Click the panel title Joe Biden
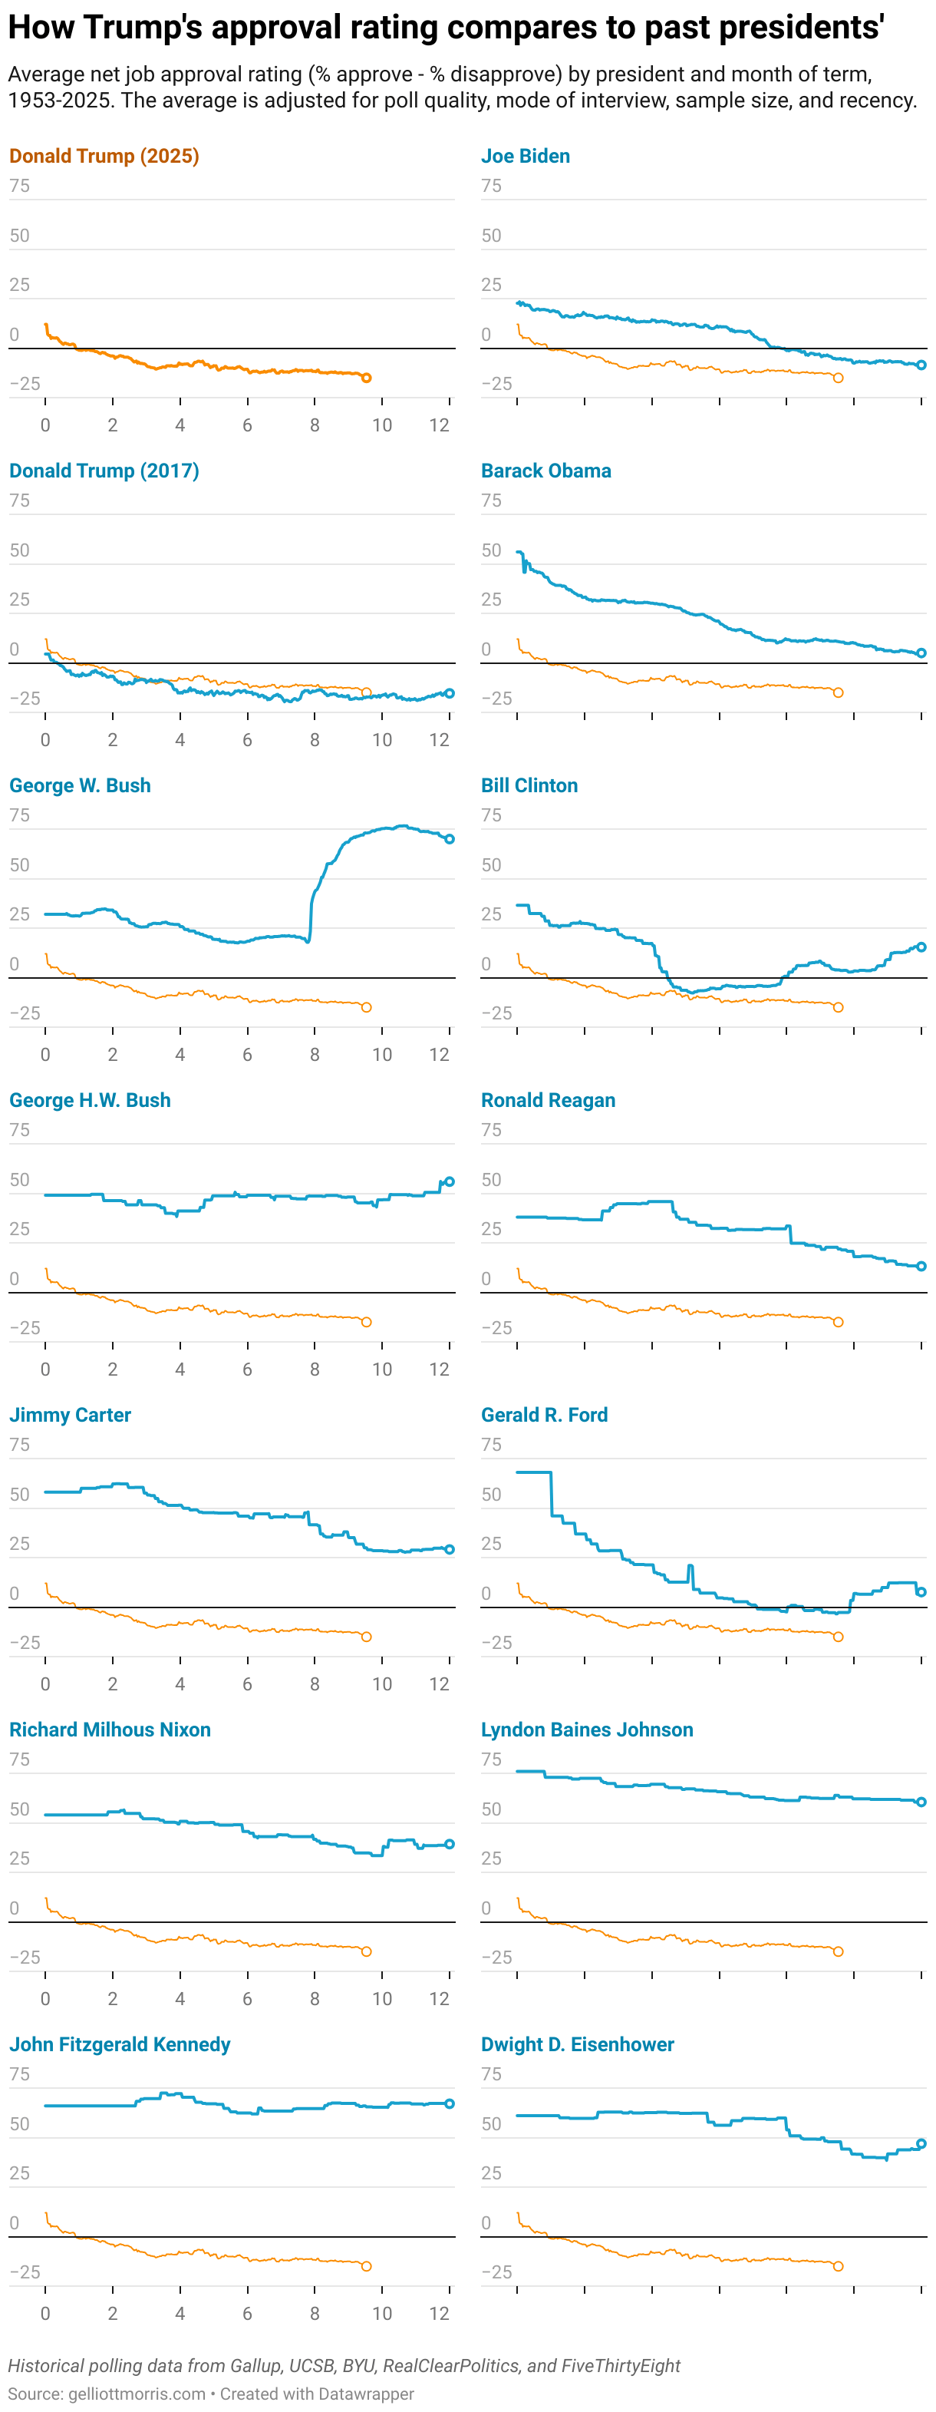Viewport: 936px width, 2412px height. click(525, 157)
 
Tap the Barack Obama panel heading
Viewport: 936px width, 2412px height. click(545, 471)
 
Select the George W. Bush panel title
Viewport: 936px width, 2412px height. click(80, 785)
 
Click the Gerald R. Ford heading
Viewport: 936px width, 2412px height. click(544, 1415)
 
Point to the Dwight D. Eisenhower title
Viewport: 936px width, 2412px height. click(577, 2044)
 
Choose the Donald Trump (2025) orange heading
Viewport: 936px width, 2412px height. click(104, 157)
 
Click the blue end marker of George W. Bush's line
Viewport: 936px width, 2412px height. click(450, 839)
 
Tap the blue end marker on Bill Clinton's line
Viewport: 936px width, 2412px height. click(921, 947)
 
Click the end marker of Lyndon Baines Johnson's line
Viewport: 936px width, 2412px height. click(921, 1802)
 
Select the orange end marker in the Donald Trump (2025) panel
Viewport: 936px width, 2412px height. click(366, 378)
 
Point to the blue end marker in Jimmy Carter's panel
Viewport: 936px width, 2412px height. click(450, 1550)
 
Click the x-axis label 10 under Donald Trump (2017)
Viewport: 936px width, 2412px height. click(382, 740)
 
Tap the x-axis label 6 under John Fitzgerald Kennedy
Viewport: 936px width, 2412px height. click(247, 2313)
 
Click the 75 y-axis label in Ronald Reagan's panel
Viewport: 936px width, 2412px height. click(491, 1130)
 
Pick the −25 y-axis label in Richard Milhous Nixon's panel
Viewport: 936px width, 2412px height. click(25, 1957)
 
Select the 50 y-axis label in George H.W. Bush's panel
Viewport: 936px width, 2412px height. click(20, 1180)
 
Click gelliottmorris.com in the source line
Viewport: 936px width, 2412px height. click(137, 2394)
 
